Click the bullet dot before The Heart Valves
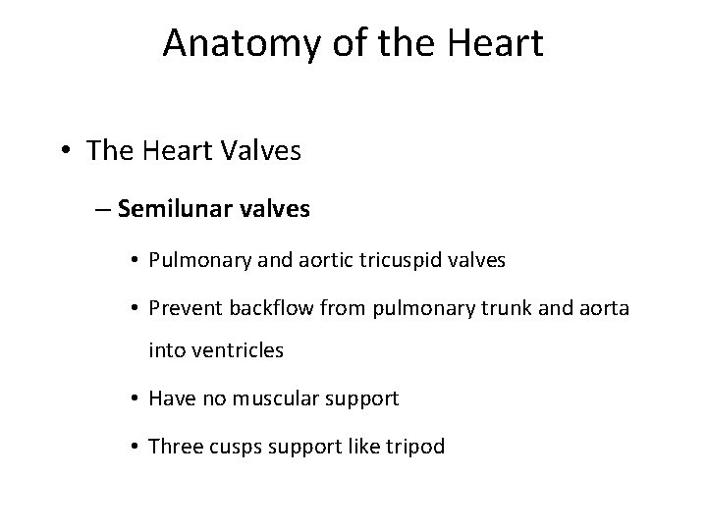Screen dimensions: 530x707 click(65, 151)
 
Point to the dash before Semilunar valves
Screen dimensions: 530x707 click(103, 208)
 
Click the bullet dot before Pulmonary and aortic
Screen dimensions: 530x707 click(133, 260)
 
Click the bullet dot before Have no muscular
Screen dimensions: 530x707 click(133, 398)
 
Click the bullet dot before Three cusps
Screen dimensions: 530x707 click(133, 446)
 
